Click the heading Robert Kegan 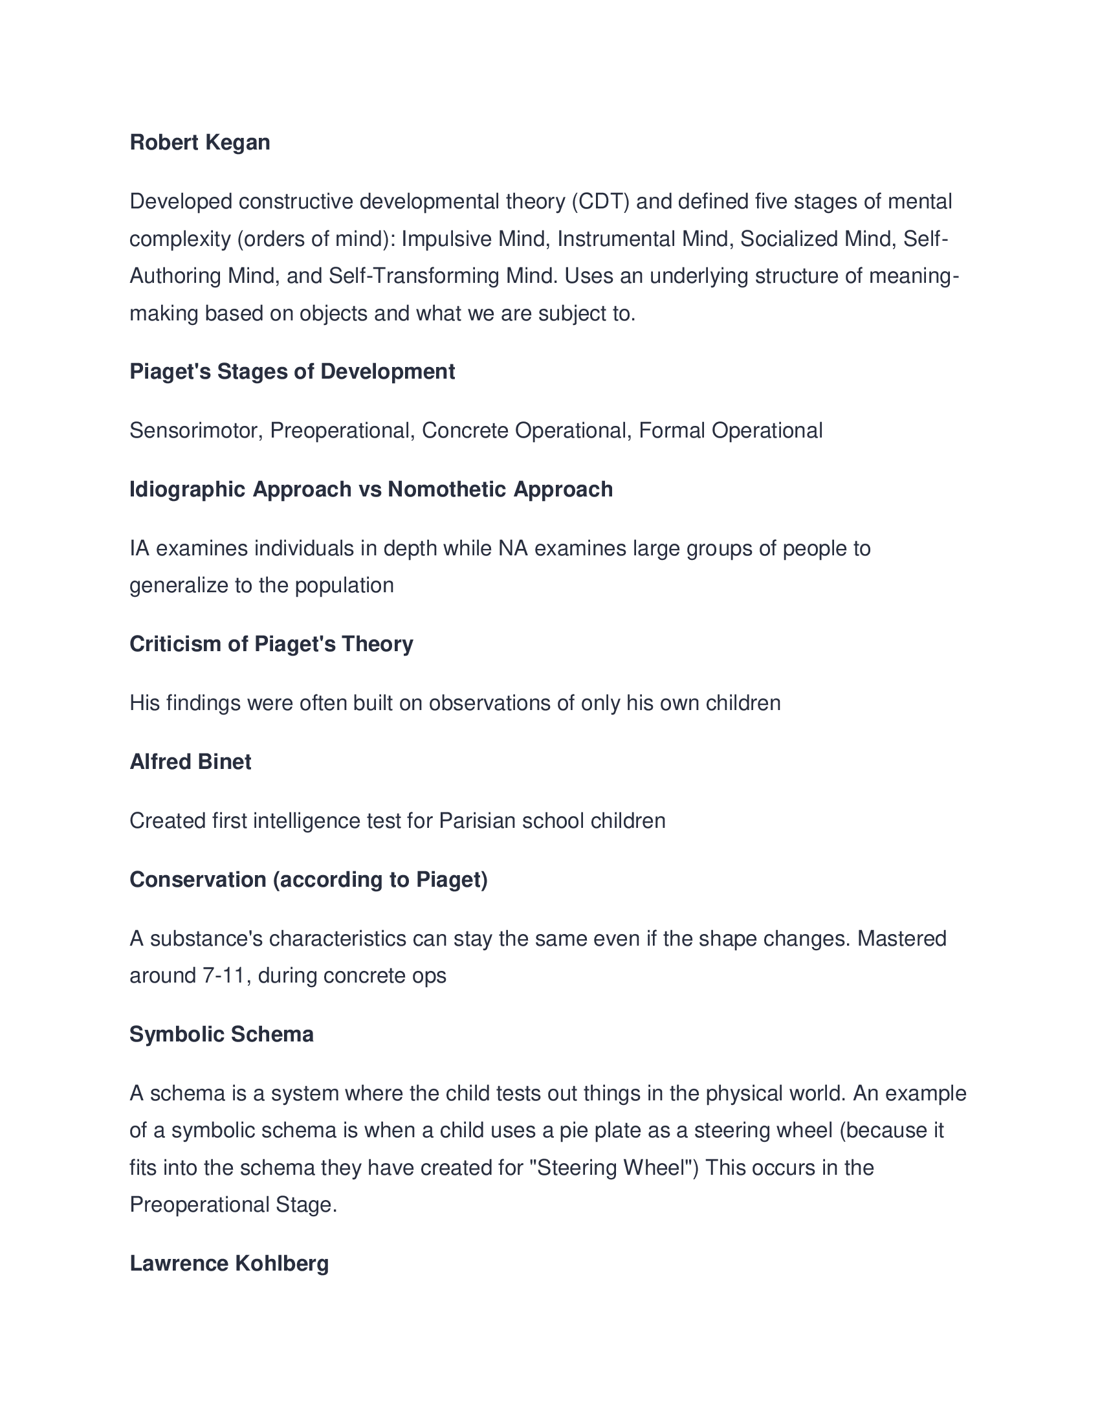click(199, 143)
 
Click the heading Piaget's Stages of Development click(292, 372)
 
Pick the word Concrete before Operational click(465, 431)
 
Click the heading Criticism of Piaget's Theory click(271, 644)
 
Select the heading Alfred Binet click(190, 762)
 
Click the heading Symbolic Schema click(221, 1035)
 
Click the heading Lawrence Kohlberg click(228, 1263)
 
